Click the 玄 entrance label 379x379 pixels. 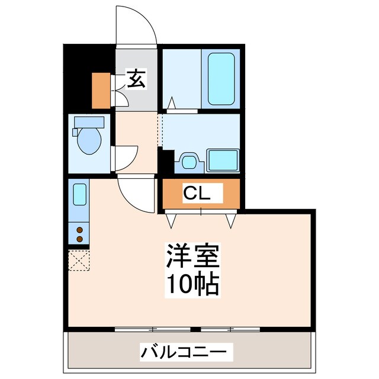point(136,79)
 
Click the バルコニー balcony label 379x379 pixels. point(183,352)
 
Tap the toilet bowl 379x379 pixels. point(89,140)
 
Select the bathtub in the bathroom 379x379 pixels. point(222,79)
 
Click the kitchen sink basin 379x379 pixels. point(79,195)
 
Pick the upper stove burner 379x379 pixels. point(79,229)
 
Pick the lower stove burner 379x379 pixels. point(79,239)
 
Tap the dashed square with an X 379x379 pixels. point(78,259)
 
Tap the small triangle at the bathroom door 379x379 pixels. point(171,104)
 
